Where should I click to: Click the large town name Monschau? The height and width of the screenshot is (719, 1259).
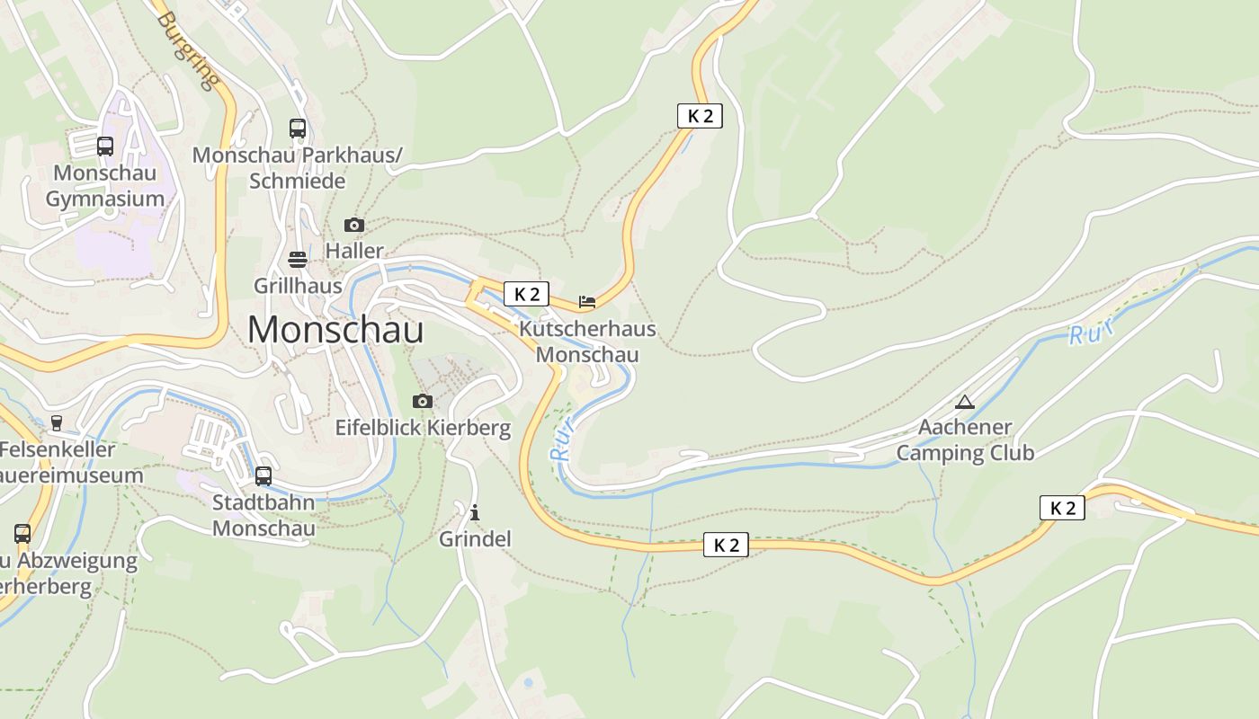335,330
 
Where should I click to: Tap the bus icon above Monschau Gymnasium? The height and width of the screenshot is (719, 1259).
105,146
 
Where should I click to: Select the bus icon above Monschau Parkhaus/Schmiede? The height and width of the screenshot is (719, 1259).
298,129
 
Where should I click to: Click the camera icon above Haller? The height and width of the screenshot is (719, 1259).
354,225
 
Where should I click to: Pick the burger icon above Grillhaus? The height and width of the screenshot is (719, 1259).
298,260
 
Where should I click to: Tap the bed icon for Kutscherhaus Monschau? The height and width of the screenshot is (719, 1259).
587,302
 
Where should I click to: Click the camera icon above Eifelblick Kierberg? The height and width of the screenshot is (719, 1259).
423,401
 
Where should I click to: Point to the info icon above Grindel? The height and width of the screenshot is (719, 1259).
475,513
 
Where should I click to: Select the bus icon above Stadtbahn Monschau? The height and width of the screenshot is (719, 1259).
263,475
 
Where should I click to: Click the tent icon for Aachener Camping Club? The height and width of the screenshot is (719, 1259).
965,402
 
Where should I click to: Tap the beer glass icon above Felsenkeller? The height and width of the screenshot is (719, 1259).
57,423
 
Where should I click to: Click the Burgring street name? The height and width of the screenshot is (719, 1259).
189,50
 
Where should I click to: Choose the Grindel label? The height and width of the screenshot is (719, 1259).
475,539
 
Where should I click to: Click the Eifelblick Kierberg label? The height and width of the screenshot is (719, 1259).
423,428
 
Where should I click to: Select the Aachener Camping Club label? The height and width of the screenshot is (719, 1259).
965,439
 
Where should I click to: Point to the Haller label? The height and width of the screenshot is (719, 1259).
354,251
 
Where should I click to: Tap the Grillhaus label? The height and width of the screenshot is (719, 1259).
298,286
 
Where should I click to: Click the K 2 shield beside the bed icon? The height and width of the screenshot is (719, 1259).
526,294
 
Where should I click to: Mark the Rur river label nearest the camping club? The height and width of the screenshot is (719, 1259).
1090,332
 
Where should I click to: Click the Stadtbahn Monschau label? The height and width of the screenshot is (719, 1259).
263,515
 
